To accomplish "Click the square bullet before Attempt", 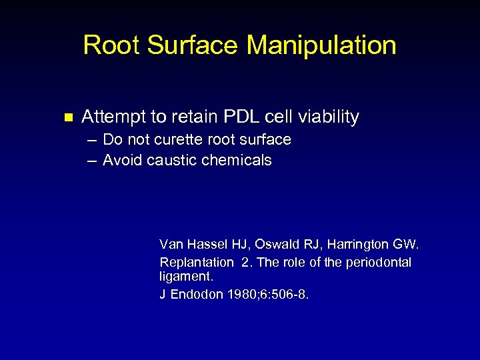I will [66, 118].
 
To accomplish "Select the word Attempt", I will [113, 117].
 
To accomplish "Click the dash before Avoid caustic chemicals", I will [90, 161].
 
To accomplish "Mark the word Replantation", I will [196, 262].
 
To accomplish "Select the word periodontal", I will [378, 262].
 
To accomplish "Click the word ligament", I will [178, 275].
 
